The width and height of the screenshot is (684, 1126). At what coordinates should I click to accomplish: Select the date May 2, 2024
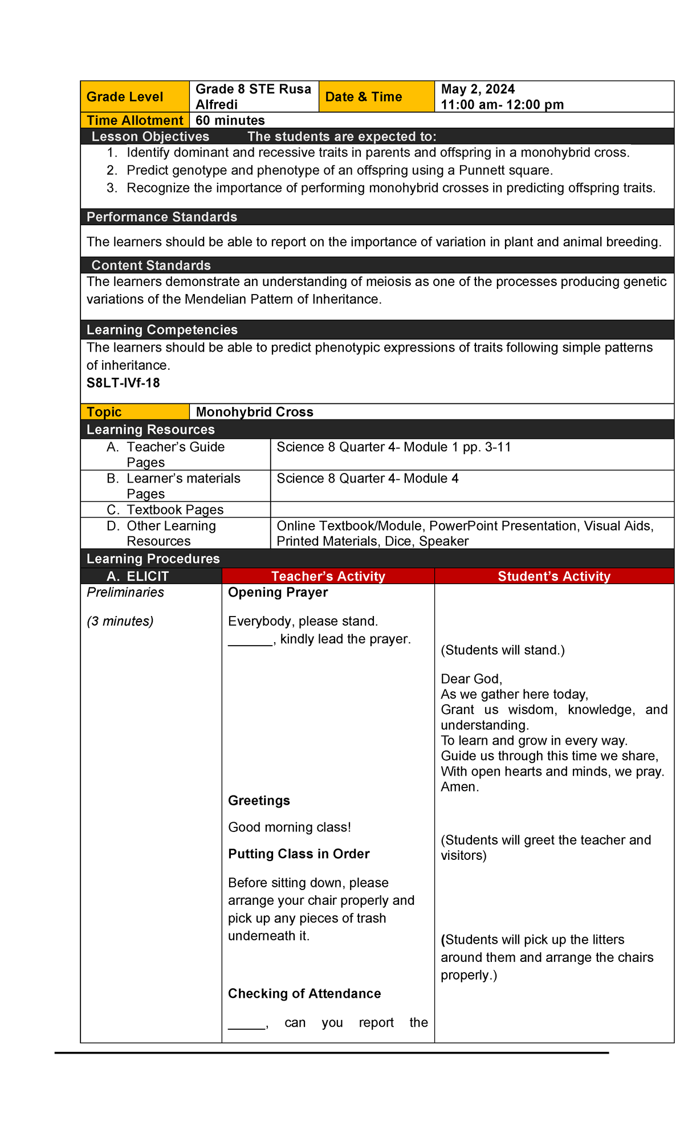point(478,89)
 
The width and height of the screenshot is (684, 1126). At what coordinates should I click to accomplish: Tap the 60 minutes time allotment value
point(230,120)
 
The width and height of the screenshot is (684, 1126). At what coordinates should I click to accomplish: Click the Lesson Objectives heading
point(150,137)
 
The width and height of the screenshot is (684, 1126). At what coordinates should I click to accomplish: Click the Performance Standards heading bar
point(162,217)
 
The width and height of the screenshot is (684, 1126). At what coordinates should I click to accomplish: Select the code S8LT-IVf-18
point(123,383)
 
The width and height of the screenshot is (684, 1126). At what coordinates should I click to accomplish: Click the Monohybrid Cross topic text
point(254,412)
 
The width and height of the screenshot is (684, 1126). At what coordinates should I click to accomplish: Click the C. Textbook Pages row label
point(165,509)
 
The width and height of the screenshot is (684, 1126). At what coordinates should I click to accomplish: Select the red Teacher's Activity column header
point(328,576)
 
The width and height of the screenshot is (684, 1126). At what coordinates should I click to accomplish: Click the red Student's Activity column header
point(553,576)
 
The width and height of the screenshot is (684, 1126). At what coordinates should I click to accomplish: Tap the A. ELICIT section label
point(138,576)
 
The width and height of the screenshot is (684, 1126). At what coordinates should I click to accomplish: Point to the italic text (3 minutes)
point(120,621)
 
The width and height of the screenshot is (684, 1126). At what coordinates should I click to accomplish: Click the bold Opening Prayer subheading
point(278,593)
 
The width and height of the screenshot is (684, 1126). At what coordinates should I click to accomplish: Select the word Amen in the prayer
point(459,787)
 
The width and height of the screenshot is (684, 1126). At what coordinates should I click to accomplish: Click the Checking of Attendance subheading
point(304,994)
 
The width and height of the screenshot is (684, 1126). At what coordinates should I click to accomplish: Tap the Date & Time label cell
point(364,97)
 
